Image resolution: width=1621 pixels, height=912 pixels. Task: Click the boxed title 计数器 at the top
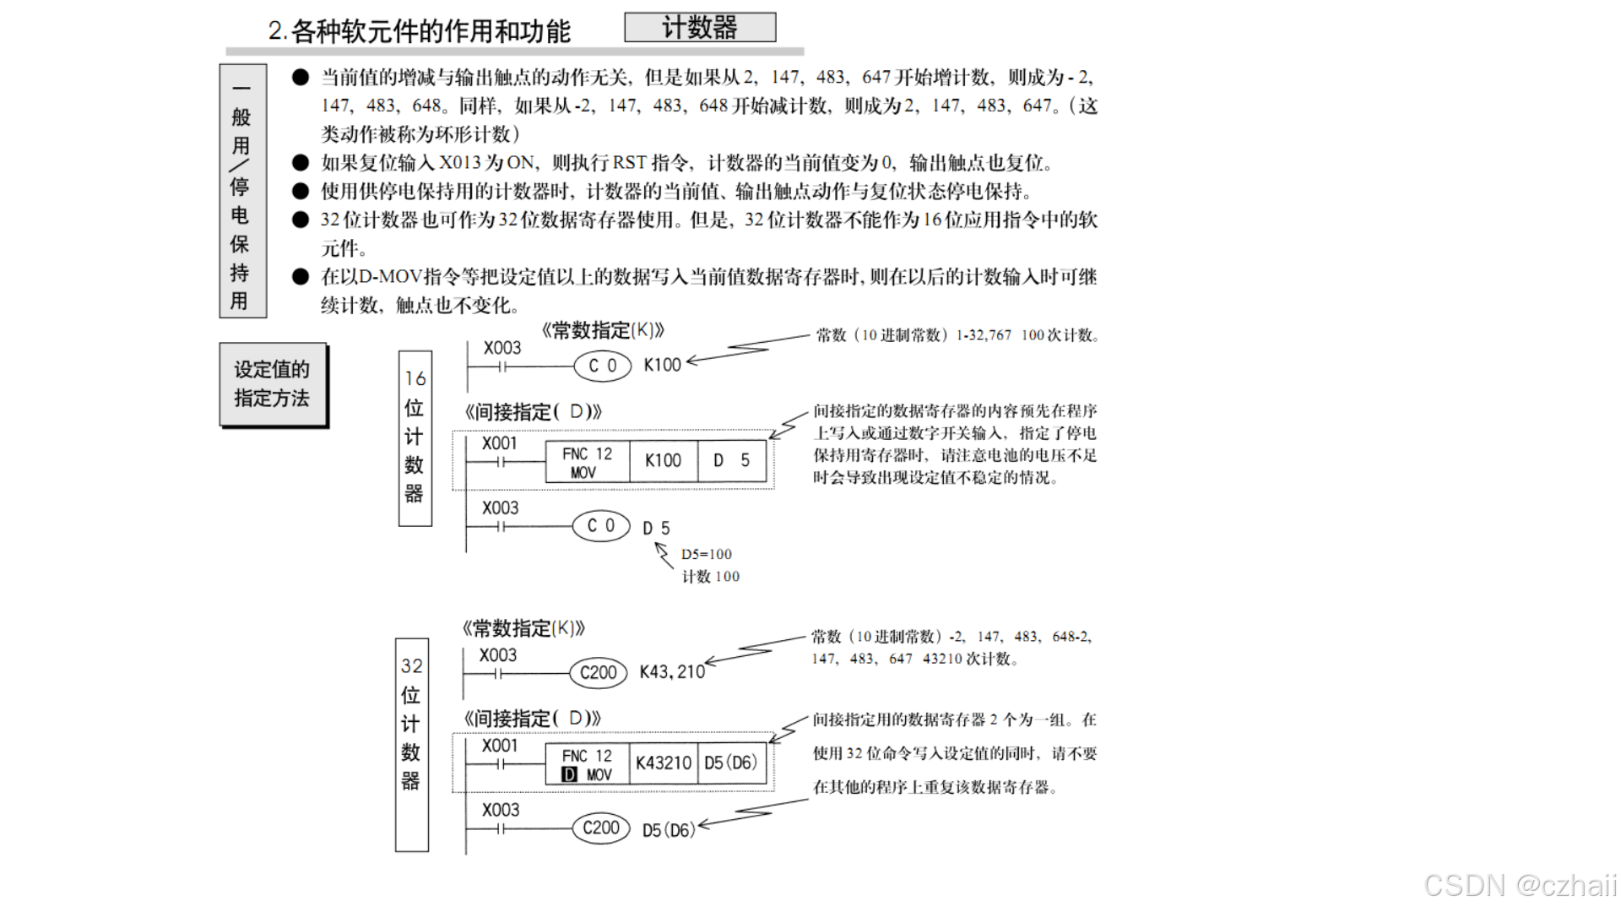click(700, 27)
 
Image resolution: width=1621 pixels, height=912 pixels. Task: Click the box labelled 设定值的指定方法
click(273, 384)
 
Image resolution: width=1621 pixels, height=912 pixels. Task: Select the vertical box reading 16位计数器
click(415, 437)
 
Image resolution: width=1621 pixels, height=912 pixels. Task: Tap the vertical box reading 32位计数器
click(411, 744)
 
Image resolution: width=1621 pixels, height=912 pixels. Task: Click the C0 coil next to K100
click(602, 366)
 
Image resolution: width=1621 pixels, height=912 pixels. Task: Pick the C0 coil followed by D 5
click(600, 525)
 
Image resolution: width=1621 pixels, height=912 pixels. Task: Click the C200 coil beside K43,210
click(598, 673)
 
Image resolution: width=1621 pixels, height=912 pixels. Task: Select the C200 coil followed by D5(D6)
click(600, 828)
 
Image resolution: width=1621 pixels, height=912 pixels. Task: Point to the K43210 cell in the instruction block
click(664, 763)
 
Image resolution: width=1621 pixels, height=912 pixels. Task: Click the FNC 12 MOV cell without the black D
click(587, 462)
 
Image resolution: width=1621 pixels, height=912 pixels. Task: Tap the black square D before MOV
click(570, 774)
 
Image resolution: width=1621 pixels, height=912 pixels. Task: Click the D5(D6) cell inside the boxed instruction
click(731, 763)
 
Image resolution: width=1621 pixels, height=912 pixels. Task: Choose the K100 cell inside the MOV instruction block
click(663, 461)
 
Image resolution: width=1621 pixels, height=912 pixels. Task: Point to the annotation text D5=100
click(707, 555)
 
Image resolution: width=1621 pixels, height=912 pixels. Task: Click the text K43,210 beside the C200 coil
click(672, 672)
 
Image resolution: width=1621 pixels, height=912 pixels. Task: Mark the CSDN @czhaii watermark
click(1520, 885)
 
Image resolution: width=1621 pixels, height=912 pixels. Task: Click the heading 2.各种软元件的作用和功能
click(420, 32)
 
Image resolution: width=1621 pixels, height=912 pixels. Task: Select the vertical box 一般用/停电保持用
click(242, 191)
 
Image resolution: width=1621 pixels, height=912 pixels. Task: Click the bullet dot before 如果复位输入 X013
click(301, 163)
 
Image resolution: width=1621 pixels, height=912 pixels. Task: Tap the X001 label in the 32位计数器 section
click(499, 746)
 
